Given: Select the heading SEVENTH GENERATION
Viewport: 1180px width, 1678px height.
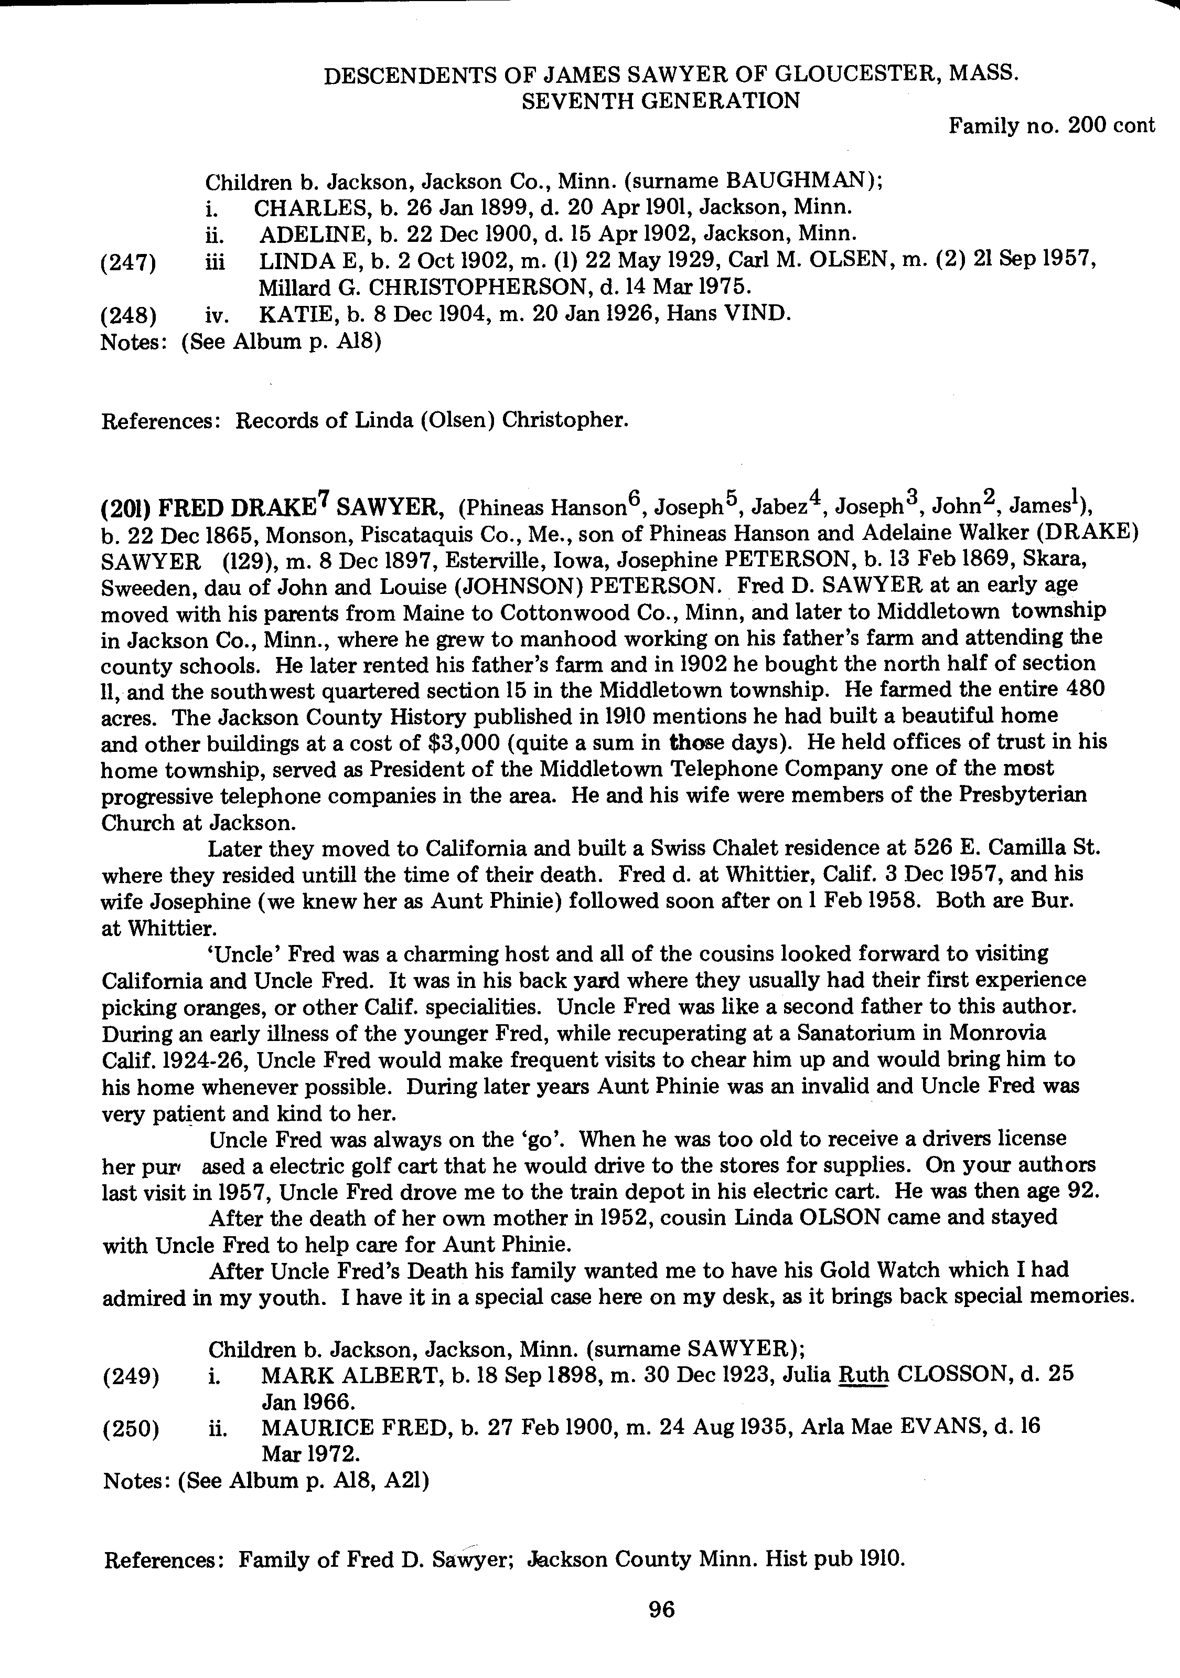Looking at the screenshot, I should tap(660, 100).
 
